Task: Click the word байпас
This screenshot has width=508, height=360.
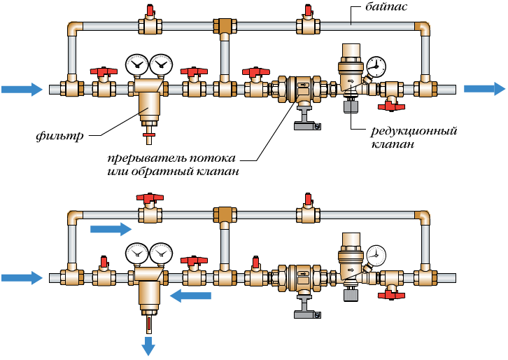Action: click(381, 8)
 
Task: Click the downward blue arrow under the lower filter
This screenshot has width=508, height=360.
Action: click(148, 345)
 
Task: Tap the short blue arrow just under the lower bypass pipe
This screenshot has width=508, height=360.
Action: click(111, 229)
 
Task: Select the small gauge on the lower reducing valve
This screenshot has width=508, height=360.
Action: click(376, 254)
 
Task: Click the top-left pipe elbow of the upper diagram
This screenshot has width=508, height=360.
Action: click(74, 29)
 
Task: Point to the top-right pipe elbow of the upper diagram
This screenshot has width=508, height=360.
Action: click(422, 29)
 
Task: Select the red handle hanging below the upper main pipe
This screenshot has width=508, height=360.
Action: click(390, 106)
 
